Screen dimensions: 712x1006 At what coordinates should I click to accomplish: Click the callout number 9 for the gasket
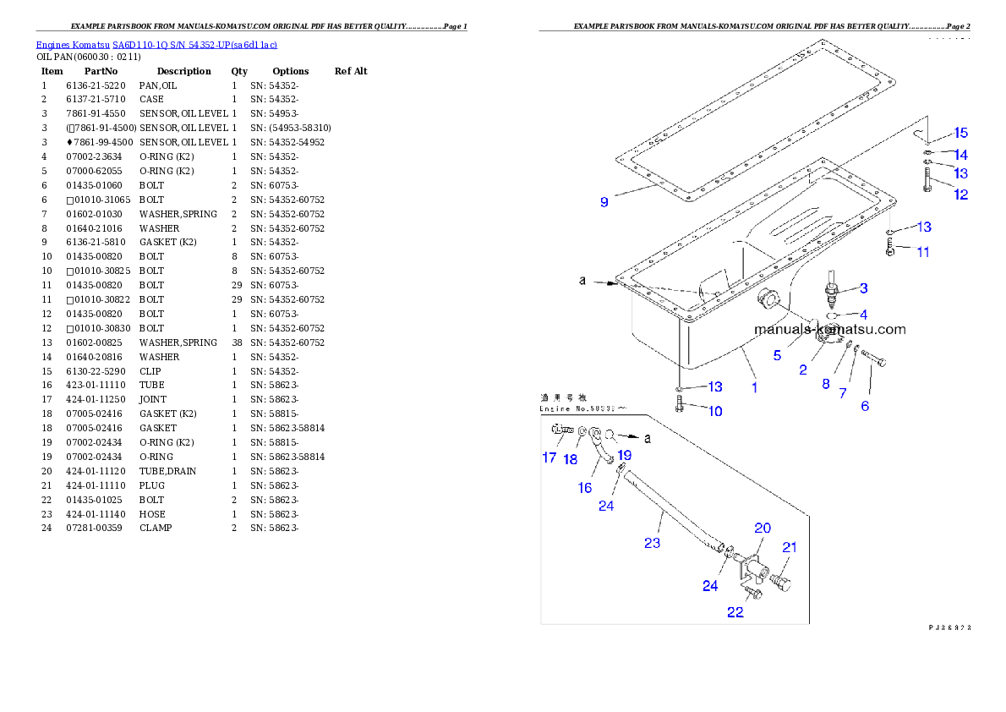[x=604, y=202]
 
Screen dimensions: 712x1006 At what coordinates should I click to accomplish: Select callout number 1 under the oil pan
[x=754, y=387]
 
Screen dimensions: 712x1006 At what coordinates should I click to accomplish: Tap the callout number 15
[x=960, y=133]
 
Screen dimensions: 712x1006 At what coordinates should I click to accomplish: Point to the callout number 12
[x=961, y=194]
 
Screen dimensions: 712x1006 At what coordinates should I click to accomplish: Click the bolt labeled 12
[x=928, y=180]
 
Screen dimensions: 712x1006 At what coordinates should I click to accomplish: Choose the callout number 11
[x=923, y=252]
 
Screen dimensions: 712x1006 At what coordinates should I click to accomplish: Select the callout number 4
[x=863, y=314]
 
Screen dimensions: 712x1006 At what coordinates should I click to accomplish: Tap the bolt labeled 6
[x=874, y=362]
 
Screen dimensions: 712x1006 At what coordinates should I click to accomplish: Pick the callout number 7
[x=842, y=393]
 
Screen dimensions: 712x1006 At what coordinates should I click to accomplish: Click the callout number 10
[x=715, y=412]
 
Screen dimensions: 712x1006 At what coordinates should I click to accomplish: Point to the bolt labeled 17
[x=561, y=430]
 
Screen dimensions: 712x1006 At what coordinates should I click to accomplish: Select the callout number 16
[x=585, y=488]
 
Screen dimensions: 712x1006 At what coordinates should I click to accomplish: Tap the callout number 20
[x=763, y=528]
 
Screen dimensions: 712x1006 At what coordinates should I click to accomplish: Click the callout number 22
[x=735, y=612]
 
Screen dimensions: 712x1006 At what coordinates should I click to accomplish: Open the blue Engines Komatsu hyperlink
[x=156, y=44]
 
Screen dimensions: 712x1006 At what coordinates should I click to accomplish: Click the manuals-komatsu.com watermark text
[x=829, y=330]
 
